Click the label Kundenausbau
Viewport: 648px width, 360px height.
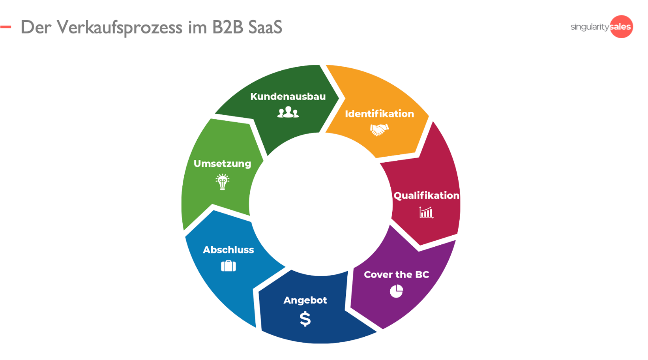[x=288, y=97]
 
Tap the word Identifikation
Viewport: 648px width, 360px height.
[x=379, y=114]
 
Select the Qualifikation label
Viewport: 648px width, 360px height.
[x=426, y=195]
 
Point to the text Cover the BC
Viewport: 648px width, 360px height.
[x=396, y=275]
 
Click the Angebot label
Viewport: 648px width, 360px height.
[x=305, y=300]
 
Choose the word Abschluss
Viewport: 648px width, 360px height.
[x=228, y=250]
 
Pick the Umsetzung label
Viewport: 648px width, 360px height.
[x=222, y=164]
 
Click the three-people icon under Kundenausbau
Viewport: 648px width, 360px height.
[x=288, y=113]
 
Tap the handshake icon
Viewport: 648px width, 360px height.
[x=379, y=129]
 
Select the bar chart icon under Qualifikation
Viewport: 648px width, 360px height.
[x=426, y=212]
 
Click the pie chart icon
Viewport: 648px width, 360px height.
[x=396, y=291]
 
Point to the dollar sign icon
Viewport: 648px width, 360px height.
[x=305, y=319]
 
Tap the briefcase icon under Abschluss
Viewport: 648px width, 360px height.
[x=228, y=266]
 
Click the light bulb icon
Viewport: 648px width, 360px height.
[x=222, y=182]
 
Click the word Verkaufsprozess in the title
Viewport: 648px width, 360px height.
[x=120, y=28]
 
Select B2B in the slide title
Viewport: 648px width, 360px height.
[x=227, y=28]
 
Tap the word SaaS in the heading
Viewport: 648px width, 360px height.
[x=265, y=28]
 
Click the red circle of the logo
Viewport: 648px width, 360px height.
[x=622, y=27]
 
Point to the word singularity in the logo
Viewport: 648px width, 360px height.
[x=590, y=27]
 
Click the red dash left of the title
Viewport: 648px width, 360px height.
[x=6, y=27]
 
